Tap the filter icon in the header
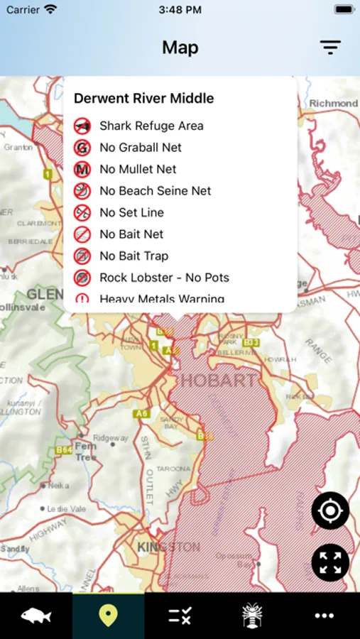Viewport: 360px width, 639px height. [x=330, y=48]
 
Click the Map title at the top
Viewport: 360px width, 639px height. [x=180, y=48]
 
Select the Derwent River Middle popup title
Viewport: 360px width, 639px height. [x=143, y=99]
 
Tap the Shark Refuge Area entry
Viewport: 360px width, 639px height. [x=151, y=126]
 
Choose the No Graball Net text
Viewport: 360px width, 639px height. [x=141, y=148]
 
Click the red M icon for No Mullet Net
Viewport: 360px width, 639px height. [x=82, y=170]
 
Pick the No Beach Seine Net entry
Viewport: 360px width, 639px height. [x=155, y=191]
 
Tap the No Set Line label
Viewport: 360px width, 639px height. [x=131, y=212]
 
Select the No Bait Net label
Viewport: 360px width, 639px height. [x=131, y=234]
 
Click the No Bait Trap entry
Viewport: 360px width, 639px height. [x=133, y=256]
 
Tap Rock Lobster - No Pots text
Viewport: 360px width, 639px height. [x=164, y=278]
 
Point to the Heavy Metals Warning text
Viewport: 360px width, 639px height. [x=162, y=298]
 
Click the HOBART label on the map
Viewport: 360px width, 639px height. [x=218, y=381]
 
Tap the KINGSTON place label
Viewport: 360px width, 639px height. [x=168, y=547]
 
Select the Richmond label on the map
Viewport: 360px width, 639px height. [x=333, y=104]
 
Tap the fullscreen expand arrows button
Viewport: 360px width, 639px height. [x=330, y=562]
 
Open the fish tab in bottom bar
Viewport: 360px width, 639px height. [x=36, y=615]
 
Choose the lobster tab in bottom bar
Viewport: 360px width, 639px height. [x=252, y=615]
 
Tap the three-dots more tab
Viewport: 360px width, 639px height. [x=324, y=615]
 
